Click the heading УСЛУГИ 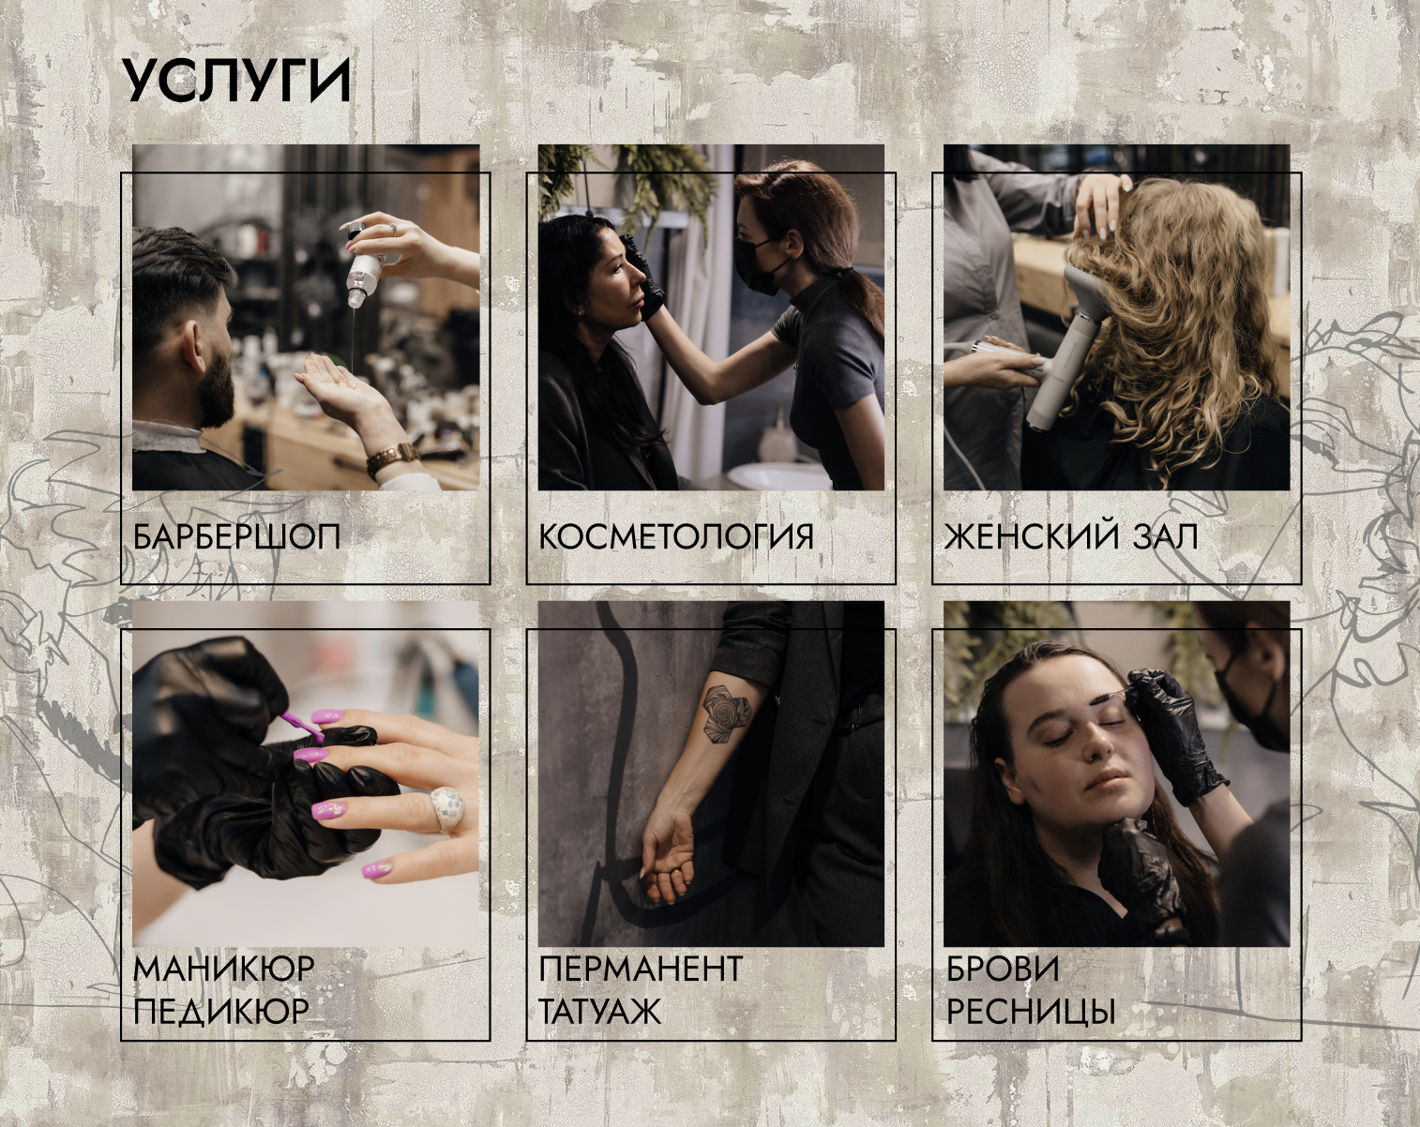click(x=236, y=82)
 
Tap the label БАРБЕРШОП click(x=237, y=536)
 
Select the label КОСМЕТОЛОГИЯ click(x=676, y=536)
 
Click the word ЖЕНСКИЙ click(x=1032, y=535)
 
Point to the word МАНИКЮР click(x=224, y=969)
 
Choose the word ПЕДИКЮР click(x=221, y=1011)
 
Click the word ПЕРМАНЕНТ click(x=641, y=969)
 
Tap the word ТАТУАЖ click(x=600, y=1011)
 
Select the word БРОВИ click(x=1003, y=969)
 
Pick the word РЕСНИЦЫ click(x=1031, y=1011)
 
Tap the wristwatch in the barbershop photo click(x=392, y=458)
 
